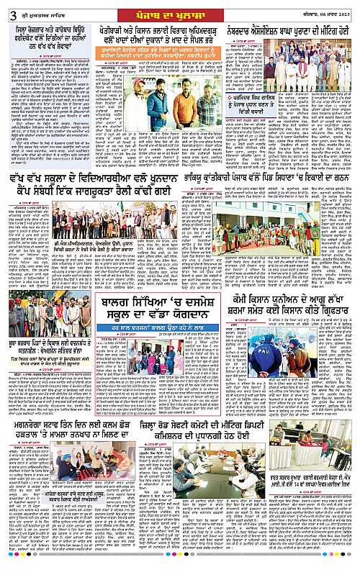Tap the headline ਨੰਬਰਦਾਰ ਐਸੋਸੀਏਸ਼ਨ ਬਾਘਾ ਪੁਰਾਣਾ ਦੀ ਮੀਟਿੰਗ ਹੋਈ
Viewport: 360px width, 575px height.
tap(294, 33)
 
